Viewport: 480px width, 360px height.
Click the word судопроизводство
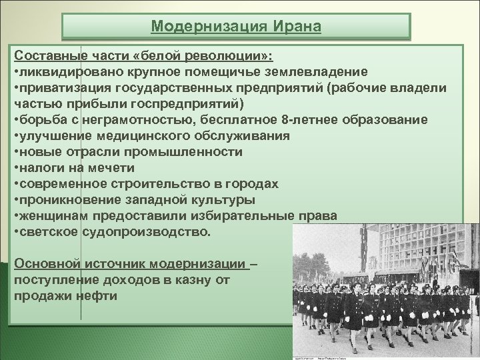tap(145, 233)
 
